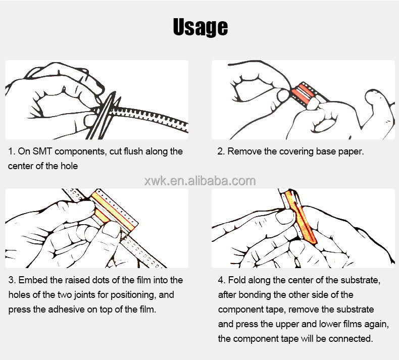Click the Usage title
[201, 27]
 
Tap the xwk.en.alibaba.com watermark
[200, 181]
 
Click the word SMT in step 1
[42, 151]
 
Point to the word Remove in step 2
[244, 151]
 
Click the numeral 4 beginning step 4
[221, 280]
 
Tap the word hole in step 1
[69, 166]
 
